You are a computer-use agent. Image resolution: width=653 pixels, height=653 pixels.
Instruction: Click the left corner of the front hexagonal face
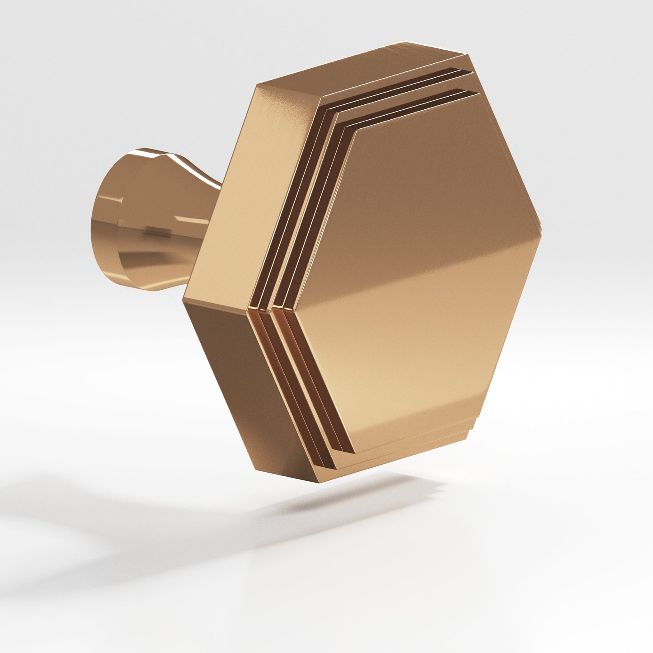pyautogui.click(x=296, y=312)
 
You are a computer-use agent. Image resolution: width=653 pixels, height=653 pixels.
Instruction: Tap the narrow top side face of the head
pyautogui.click(x=362, y=68)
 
